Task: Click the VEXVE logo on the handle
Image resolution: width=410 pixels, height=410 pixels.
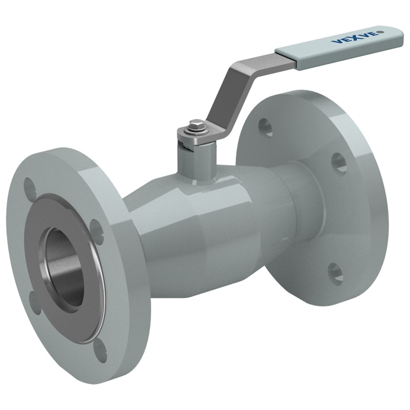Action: (x=355, y=37)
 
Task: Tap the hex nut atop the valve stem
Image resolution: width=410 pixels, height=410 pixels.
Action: (x=196, y=125)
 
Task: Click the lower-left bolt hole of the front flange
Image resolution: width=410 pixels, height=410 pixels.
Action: (x=34, y=302)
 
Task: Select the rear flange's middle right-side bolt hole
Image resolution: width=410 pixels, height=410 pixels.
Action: (x=339, y=163)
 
